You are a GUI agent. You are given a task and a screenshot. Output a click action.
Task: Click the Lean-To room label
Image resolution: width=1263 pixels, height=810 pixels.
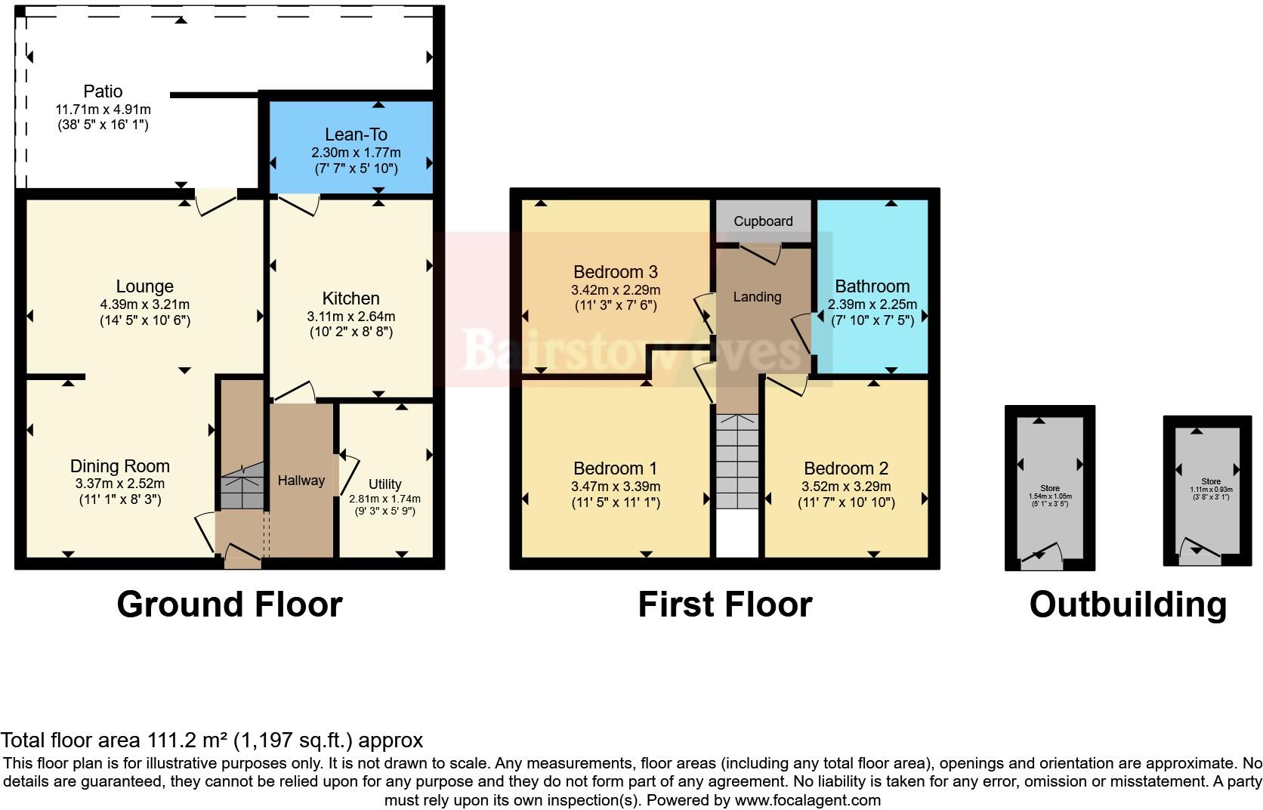[356, 134]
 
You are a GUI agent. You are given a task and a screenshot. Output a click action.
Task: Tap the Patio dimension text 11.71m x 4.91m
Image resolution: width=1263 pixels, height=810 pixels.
[103, 110]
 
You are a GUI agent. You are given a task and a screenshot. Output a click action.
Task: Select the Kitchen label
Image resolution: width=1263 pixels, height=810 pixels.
[350, 298]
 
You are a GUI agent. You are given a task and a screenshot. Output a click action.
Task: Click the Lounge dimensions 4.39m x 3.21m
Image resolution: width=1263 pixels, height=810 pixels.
[144, 305]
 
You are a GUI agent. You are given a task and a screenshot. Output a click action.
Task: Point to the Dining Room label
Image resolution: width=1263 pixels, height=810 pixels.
[119, 466]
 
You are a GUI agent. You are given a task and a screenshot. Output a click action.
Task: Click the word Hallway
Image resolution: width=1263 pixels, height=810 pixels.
[301, 481]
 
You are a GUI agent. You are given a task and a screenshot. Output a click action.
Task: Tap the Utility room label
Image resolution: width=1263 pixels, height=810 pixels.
[384, 484]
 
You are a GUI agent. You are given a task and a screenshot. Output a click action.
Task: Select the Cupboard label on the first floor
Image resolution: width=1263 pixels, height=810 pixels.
[763, 221]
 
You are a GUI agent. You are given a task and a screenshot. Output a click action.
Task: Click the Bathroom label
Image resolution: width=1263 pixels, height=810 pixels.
[872, 286]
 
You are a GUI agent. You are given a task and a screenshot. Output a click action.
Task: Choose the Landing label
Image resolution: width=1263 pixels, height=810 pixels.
[757, 297]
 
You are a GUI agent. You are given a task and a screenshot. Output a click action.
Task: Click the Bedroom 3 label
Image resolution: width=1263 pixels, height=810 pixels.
[615, 272]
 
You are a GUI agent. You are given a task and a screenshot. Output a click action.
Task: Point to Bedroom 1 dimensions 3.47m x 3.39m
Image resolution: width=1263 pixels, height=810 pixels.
[615, 487]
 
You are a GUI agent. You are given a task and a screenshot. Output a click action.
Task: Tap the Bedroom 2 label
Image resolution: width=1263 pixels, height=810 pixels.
[845, 468]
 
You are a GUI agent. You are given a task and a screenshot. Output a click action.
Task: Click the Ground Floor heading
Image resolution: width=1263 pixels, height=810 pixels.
[230, 604]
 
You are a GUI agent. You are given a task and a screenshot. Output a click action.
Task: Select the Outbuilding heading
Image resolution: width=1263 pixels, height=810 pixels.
[1127, 604]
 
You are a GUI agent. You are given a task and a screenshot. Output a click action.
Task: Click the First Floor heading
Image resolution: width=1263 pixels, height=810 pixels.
[724, 604]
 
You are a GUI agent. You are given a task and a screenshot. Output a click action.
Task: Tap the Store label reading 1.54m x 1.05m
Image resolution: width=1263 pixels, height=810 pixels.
[1049, 496]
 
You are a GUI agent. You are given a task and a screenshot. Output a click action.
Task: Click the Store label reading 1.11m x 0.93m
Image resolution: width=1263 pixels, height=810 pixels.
[1211, 490]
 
